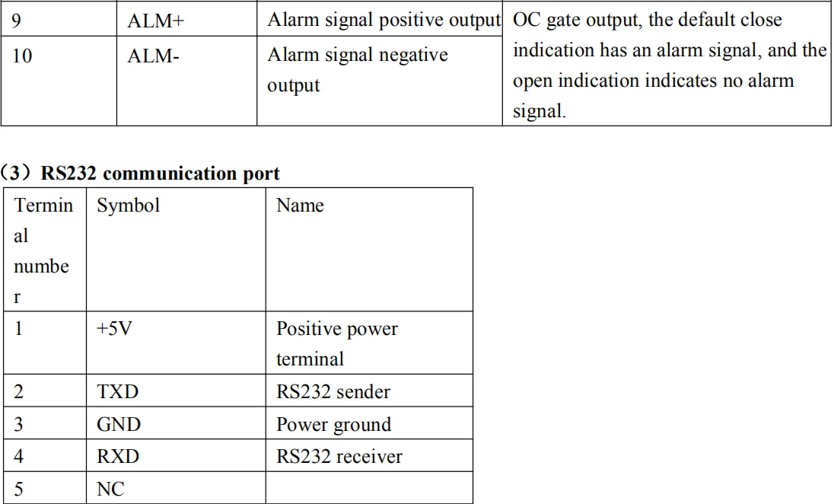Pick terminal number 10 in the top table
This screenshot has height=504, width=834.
click(22, 56)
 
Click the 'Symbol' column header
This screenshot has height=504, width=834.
click(129, 206)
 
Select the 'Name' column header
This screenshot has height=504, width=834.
click(300, 206)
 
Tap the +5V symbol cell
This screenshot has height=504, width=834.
click(114, 330)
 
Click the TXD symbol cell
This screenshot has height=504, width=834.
click(118, 392)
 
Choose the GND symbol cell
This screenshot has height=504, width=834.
click(119, 424)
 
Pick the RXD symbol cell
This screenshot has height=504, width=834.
click(118, 457)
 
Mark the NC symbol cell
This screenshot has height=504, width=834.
click(110, 490)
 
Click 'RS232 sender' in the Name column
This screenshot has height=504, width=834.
click(333, 392)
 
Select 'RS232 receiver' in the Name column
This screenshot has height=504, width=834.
click(339, 457)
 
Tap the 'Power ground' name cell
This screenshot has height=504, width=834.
click(333, 424)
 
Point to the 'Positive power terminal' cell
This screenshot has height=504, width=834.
click(336, 343)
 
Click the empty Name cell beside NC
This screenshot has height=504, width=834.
click(369, 489)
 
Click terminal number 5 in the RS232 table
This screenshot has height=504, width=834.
click(18, 490)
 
